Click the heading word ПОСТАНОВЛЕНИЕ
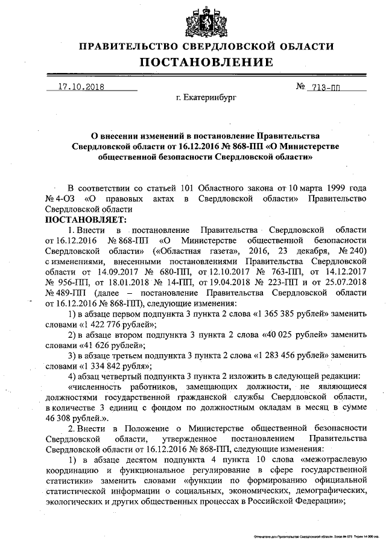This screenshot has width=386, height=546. point(207,63)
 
